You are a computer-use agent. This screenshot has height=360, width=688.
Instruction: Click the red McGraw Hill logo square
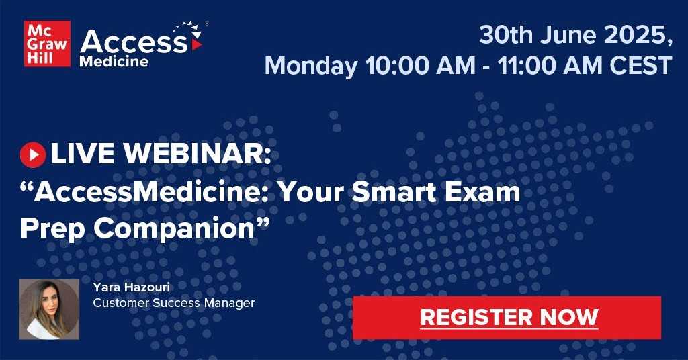(x=48, y=44)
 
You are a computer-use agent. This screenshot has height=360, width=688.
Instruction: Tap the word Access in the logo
(x=134, y=42)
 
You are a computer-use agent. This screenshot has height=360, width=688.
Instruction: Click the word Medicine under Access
(x=114, y=61)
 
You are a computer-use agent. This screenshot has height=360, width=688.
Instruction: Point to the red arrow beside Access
(x=197, y=45)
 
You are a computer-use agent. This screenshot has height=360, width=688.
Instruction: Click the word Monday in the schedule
(x=310, y=66)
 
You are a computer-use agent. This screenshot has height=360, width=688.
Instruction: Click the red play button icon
(x=33, y=154)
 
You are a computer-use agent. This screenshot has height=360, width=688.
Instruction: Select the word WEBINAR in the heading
(x=197, y=154)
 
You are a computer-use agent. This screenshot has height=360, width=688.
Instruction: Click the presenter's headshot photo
(x=49, y=310)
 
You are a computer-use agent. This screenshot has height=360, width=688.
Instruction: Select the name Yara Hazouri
(x=131, y=287)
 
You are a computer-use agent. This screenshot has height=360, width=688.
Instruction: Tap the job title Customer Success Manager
(x=174, y=303)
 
